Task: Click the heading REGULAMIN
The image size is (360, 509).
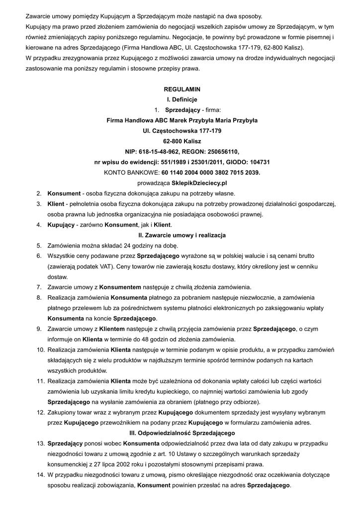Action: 182,89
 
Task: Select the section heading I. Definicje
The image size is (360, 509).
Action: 182,100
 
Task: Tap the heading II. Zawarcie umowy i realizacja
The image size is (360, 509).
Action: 182,234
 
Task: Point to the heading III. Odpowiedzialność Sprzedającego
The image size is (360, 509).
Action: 182,433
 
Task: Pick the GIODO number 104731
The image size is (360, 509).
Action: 260,162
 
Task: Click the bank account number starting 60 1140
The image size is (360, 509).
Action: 210,172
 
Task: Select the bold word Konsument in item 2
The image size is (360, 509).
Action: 64,193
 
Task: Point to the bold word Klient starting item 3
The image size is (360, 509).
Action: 56,204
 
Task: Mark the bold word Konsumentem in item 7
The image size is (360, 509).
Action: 120,287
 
